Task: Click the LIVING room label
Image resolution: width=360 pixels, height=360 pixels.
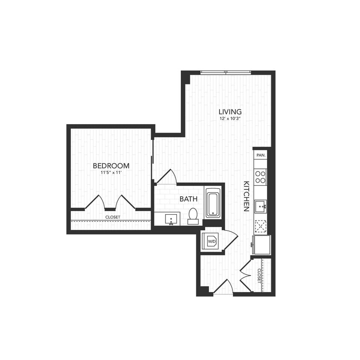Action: tap(230, 112)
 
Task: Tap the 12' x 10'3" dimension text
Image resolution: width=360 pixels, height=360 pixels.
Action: tap(230, 119)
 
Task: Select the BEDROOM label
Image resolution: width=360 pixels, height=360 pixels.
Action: tap(111, 165)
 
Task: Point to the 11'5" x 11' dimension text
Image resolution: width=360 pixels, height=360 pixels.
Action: tap(111, 173)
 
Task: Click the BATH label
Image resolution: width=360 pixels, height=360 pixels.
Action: tap(188, 199)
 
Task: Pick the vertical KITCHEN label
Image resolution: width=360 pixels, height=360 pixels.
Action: tap(246, 196)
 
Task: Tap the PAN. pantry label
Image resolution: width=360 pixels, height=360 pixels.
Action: tap(261, 155)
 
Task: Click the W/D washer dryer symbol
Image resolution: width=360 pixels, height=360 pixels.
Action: tap(212, 241)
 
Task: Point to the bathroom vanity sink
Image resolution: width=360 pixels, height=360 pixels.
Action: tap(172, 219)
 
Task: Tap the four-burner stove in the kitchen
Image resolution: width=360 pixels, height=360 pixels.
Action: tap(260, 177)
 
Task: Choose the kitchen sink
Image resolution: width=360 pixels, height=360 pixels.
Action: tap(260, 206)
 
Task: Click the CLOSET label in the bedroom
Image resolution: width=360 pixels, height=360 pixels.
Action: tap(113, 217)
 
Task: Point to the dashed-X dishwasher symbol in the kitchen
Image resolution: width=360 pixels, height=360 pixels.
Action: tap(260, 226)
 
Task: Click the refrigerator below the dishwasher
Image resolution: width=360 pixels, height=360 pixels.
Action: tap(261, 245)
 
